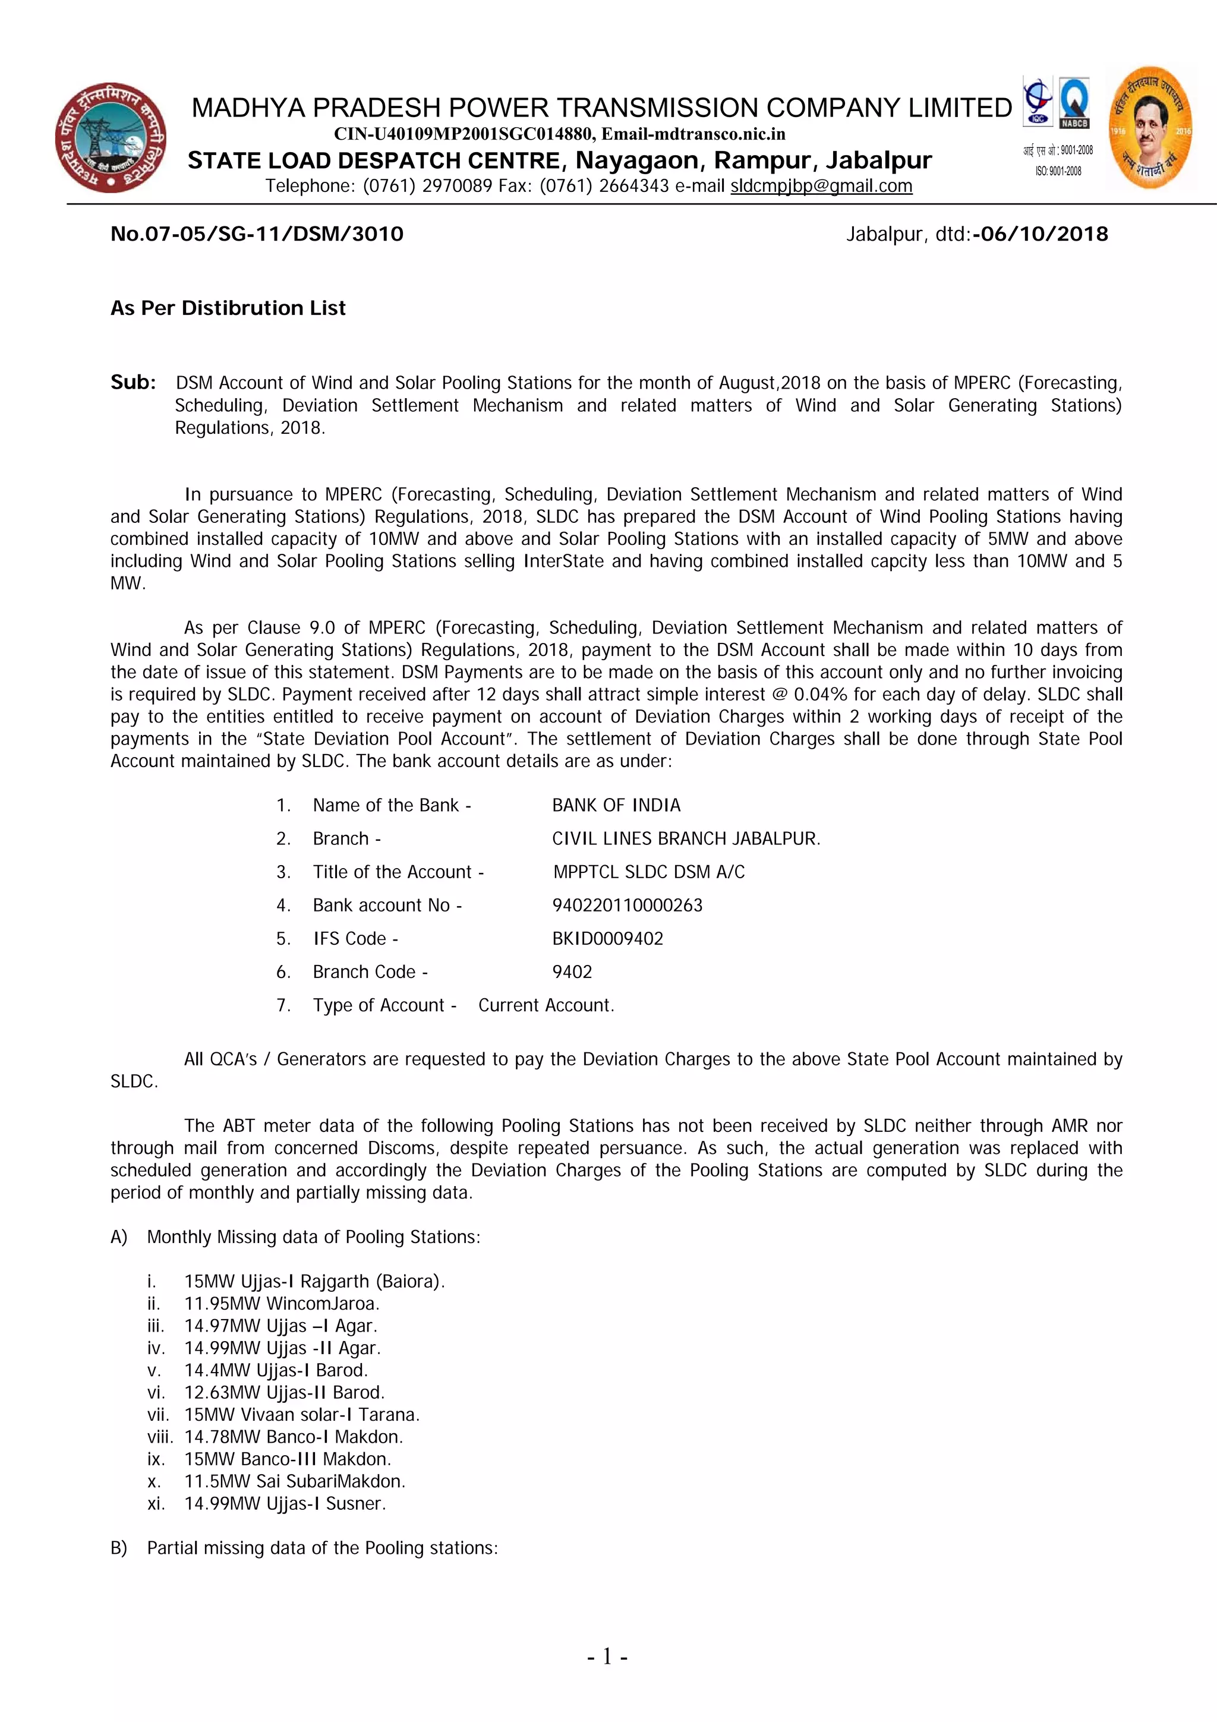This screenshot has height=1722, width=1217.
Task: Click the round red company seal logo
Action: (x=111, y=138)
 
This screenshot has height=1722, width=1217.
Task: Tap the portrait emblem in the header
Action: (x=1150, y=128)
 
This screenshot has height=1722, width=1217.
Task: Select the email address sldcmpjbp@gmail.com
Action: (x=821, y=186)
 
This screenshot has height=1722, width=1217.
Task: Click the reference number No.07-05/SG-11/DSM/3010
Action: (x=257, y=234)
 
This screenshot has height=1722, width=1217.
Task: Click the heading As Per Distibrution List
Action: (x=228, y=308)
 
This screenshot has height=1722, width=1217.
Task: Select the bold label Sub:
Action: (x=134, y=383)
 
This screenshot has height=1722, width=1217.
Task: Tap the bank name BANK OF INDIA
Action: (x=616, y=806)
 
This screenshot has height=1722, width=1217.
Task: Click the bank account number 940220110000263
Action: (x=628, y=905)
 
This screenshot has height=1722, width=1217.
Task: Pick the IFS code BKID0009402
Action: (x=608, y=939)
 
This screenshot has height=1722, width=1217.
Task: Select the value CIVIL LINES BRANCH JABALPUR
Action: (x=686, y=838)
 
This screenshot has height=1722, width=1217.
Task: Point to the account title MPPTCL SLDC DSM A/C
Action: (x=649, y=872)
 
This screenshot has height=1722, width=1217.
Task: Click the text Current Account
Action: (x=546, y=1006)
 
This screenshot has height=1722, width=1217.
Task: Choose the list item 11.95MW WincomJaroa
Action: (x=282, y=1304)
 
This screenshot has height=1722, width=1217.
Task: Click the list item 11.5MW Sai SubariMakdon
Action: (x=295, y=1481)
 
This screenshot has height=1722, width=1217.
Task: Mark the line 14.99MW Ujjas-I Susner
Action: (x=285, y=1504)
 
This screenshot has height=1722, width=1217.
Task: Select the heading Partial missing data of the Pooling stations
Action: (x=323, y=1548)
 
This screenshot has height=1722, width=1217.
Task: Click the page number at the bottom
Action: (x=607, y=1656)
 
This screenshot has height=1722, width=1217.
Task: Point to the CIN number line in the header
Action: (x=559, y=134)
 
